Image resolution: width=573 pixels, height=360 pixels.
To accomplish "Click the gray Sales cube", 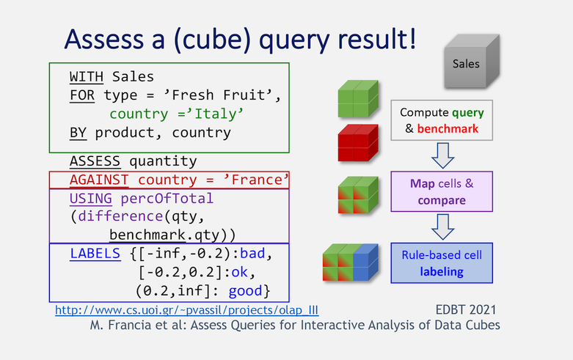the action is [472, 62].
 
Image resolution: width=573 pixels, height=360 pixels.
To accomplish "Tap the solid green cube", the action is [358, 99].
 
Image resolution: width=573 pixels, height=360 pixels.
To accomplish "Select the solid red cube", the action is [358, 143].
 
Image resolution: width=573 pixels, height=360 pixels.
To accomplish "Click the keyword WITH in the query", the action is [87, 77].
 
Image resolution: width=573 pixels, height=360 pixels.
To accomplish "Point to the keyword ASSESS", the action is [95, 161].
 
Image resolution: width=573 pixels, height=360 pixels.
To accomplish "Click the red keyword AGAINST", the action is [99, 180].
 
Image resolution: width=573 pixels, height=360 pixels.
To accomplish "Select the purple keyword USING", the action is [91, 198].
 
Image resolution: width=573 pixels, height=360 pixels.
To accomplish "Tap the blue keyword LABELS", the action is [95, 254].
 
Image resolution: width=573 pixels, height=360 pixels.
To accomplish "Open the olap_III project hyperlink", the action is [187, 310].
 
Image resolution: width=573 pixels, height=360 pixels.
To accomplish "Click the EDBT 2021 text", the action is [466, 310].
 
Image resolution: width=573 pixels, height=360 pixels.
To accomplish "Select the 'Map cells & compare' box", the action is [442, 191].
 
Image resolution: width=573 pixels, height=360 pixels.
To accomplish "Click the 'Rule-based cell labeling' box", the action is [442, 263].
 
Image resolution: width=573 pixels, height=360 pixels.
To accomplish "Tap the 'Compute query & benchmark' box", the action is [442, 120].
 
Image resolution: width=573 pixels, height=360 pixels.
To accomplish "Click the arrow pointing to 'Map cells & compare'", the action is [443, 155].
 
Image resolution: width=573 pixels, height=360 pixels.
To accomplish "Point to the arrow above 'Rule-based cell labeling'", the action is [443, 227].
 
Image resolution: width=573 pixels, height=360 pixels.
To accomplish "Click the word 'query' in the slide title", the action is [294, 40].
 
